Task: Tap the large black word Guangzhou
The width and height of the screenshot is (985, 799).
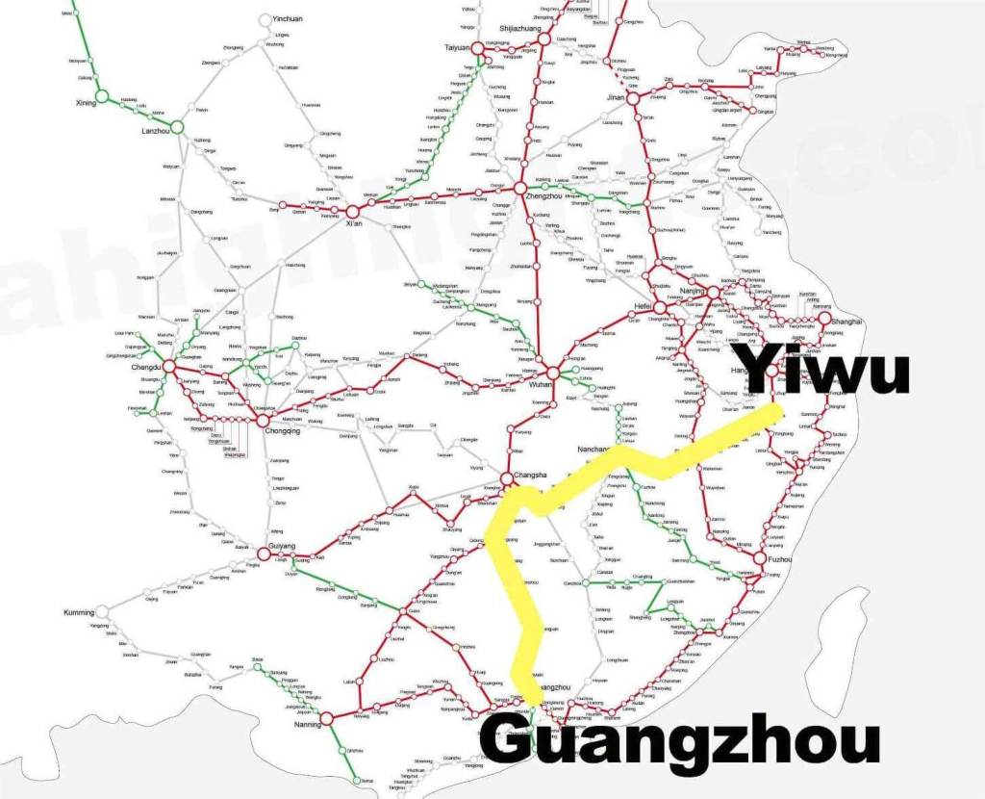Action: pyautogui.click(x=679, y=742)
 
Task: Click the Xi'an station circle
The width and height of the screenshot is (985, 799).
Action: pyautogui.click(x=352, y=210)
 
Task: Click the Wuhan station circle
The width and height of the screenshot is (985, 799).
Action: pyautogui.click(x=553, y=371)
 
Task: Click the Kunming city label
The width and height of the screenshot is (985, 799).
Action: pyautogui.click(x=80, y=612)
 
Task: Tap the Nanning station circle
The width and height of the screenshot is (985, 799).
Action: pyautogui.click(x=325, y=717)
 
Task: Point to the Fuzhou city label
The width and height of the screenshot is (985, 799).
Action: pyautogui.click(x=780, y=558)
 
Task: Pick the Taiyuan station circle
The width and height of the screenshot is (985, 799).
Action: pyautogui.click(x=469, y=56)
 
